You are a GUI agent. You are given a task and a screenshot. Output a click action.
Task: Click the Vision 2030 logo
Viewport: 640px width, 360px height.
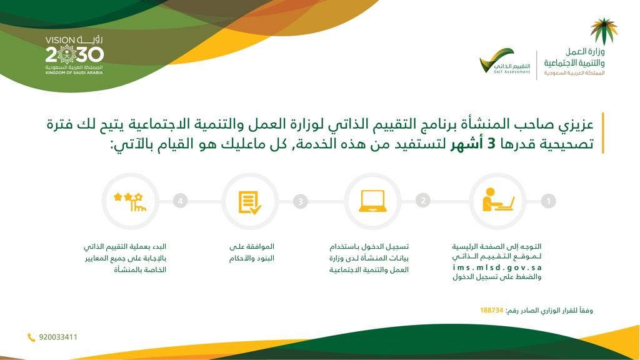[x=74, y=55]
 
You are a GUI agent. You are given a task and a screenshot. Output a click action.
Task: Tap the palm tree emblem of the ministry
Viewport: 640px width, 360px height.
[x=604, y=31]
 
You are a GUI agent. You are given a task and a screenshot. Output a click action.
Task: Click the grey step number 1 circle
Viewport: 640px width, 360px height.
[x=548, y=201]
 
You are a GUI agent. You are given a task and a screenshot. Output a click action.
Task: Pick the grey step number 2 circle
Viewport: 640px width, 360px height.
[x=423, y=201]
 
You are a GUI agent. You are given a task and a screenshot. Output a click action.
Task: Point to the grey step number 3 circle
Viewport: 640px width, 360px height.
[x=301, y=201]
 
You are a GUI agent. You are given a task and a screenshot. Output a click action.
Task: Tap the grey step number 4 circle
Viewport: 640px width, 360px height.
[x=180, y=201]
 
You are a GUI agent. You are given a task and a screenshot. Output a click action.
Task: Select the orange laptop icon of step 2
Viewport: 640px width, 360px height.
[x=372, y=201]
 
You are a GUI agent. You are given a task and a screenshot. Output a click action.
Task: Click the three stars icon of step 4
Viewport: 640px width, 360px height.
[x=130, y=202]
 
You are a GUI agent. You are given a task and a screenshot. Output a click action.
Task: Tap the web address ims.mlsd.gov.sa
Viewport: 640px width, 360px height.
[x=497, y=267]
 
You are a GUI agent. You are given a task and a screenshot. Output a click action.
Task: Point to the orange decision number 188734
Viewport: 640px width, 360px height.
[x=491, y=311]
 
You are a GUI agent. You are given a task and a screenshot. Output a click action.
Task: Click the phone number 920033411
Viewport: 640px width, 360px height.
[x=58, y=337]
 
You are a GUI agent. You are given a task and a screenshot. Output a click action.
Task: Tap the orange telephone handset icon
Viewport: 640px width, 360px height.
[x=31, y=337]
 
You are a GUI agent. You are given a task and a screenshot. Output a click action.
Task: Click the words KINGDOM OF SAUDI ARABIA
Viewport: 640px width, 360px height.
[x=74, y=72]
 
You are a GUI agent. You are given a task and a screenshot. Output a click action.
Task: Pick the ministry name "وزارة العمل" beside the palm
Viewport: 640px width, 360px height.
[x=585, y=52]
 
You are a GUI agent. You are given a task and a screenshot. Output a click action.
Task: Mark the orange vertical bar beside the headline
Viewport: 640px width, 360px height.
[x=603, y=133]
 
